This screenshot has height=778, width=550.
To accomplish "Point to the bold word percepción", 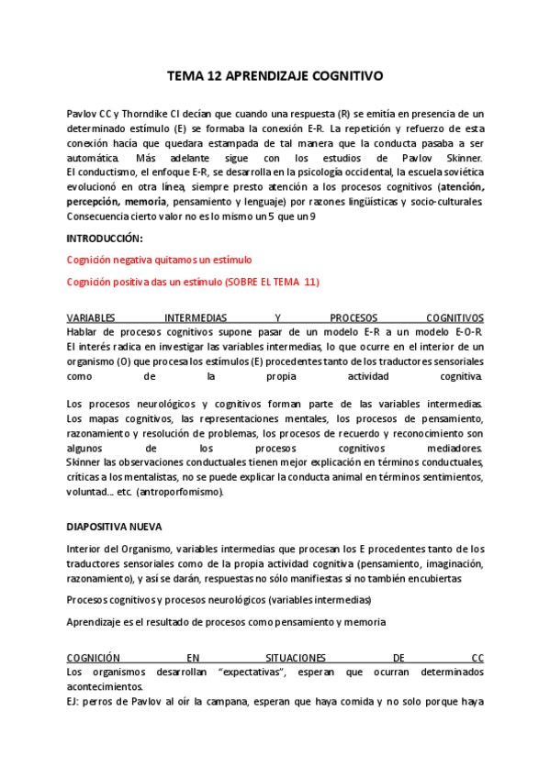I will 95,202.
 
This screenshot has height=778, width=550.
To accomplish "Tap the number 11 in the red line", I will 309,282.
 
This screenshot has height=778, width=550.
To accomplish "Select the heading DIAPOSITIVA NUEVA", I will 115,528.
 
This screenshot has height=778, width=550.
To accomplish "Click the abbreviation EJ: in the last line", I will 74,703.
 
